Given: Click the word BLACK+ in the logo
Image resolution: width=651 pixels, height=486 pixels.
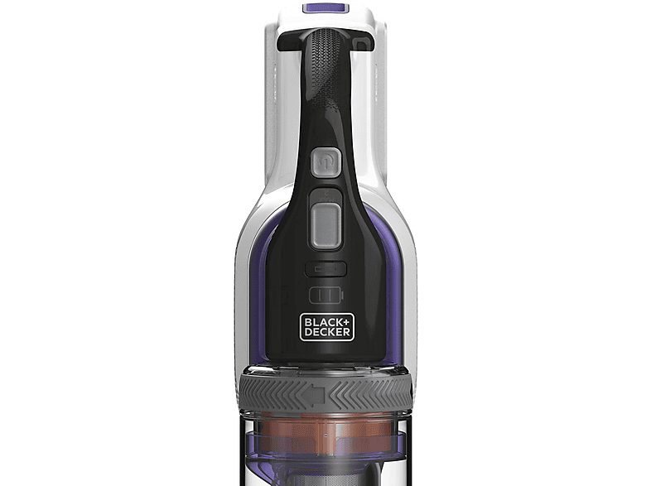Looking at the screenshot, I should (325, 321).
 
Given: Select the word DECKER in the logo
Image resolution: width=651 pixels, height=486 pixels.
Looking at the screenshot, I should (325, 332).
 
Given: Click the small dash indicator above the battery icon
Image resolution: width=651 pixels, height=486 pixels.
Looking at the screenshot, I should (325, 269).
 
